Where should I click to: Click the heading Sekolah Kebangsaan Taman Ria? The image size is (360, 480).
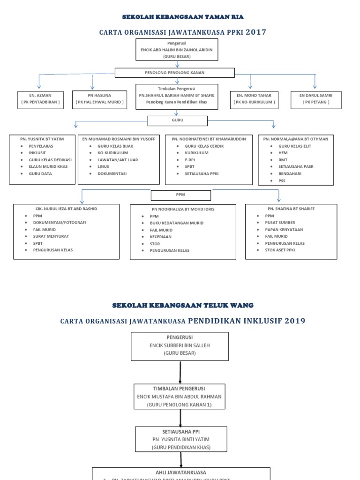[x=183, y=17]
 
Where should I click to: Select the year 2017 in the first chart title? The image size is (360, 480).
[x=256, y=32]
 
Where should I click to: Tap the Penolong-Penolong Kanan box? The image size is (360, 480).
[x=174, y=73]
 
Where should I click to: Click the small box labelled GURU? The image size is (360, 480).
[x=177, y=120]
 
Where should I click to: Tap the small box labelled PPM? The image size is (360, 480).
[x=180, y=195]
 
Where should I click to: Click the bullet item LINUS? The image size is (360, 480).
[x=103, y=166]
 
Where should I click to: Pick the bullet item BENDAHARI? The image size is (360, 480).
[x=290, y=173]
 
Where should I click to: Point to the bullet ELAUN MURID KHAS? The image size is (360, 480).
[x=48, y=166]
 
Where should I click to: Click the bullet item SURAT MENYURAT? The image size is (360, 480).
[x=49, y=236]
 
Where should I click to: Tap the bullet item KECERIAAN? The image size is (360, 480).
[x=160, y=237]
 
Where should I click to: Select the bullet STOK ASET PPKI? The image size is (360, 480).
[x=280, y=250]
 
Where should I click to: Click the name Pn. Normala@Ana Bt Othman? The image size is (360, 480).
[x=295, y=139]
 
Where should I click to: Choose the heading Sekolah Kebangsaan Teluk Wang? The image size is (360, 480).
[x=183, y=305]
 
